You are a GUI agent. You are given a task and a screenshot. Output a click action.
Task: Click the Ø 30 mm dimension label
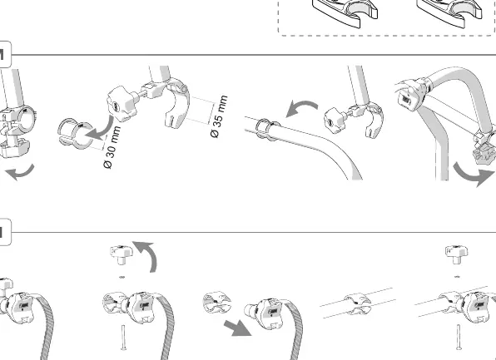click(112, 147)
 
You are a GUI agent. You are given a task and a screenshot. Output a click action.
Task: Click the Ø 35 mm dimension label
click(219, 116)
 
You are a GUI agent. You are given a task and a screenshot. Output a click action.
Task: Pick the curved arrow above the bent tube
click(301, 108)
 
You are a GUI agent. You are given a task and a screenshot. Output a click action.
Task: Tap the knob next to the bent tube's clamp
click(335, 121)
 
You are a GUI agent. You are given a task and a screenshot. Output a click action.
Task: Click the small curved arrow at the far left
click(20, 173)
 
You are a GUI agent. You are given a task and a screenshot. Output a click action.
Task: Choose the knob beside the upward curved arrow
click(122, 254)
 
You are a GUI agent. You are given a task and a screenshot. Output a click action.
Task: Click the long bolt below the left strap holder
click(122, 338)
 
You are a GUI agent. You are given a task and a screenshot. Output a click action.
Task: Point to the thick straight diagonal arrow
click(237, 328)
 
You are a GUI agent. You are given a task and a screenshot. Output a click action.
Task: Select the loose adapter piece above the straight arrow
click(216, 302)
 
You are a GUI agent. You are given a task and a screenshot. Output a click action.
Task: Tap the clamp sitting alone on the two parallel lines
click(358, 304)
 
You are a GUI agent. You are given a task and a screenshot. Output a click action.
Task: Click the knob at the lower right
click(456, 254)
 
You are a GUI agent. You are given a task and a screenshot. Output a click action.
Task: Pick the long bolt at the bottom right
click(459, 337)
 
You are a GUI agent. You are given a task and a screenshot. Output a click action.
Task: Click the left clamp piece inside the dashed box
click(345, 12)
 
